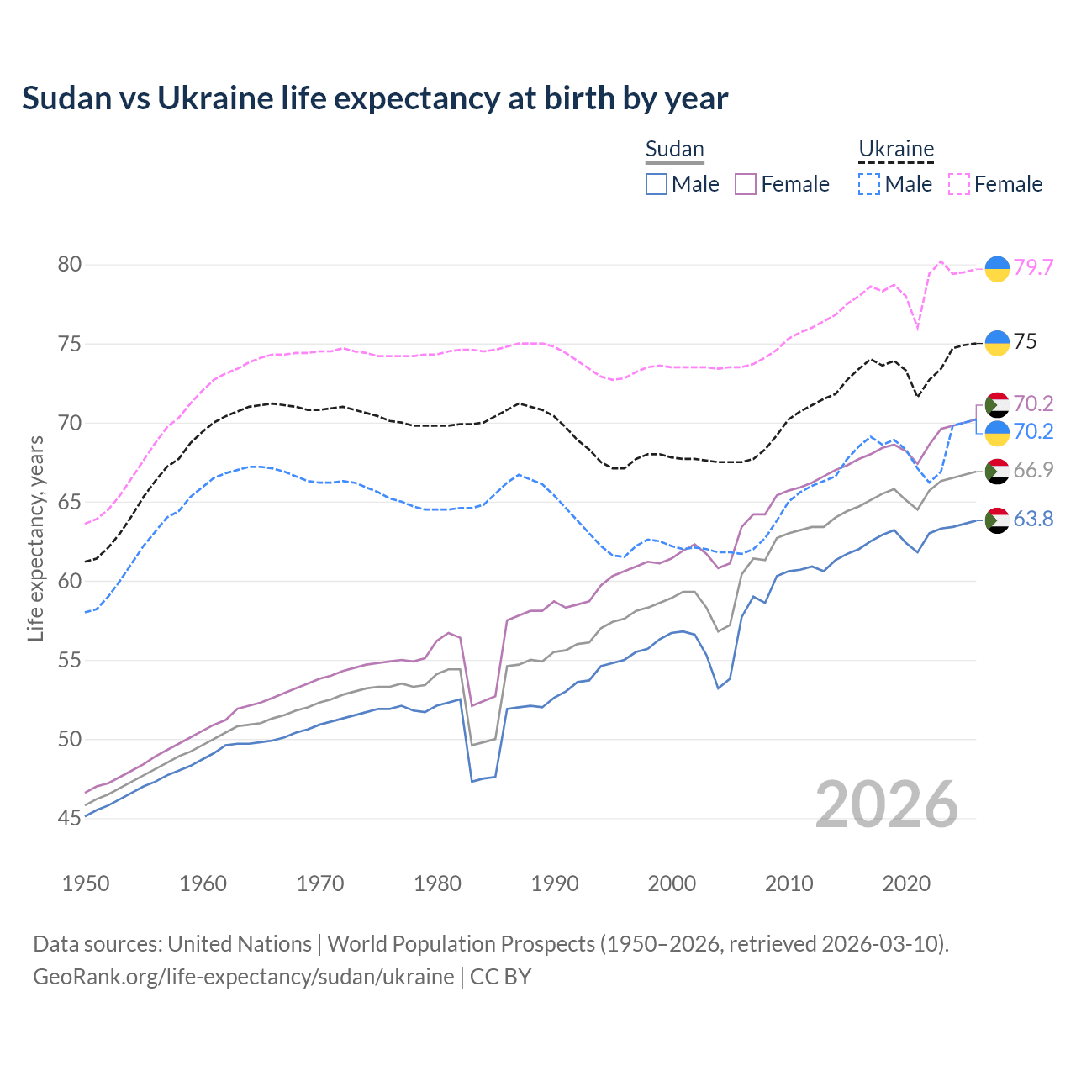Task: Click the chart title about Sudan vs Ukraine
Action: (x=375, y=98)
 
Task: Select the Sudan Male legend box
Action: (x=657, y=184)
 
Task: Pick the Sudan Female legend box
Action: (x=746, y=184)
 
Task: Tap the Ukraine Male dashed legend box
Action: (x=869, y=184)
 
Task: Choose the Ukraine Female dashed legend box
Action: (x=959, y=184)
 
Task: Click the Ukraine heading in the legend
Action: (x=896, y=150)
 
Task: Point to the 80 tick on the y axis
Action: (x=70, y=265)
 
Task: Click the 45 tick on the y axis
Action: (x=70, y=818)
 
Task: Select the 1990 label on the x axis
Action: (x=555, y=883)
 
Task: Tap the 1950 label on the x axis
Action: (x=86, y=883)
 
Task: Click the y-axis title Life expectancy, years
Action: (x=35, y=538)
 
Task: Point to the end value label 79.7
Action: (x=1033, y=267)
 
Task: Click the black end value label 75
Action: (x=1025, y=341)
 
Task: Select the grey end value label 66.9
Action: (x=1033, y=470)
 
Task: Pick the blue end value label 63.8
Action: (x=1033, y=520)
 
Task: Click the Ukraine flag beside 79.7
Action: (x=997, y=268)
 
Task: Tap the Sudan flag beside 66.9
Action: (x=997, y=472)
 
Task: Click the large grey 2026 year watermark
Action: (x=887, y=804)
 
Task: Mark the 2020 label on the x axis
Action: (x=906, y=883)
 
